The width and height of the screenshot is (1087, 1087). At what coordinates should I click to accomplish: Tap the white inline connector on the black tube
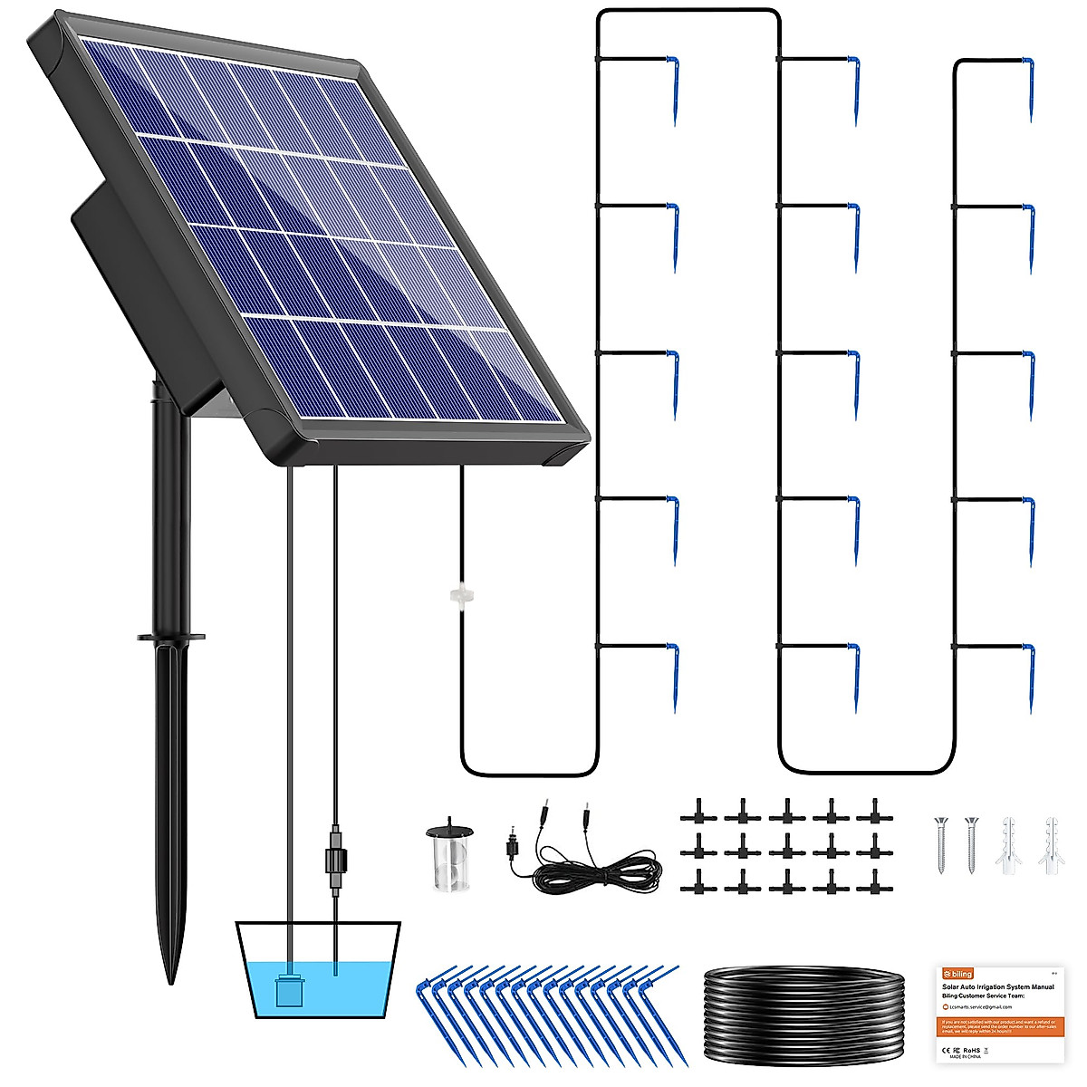[x=462, y=596]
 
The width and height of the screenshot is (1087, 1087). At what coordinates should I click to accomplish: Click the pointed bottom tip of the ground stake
[x=170, y=978]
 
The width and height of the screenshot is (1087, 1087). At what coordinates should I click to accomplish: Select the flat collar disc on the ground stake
[x=170, y=637]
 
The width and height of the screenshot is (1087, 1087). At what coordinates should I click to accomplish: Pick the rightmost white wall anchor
[x=1052, y=842]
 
